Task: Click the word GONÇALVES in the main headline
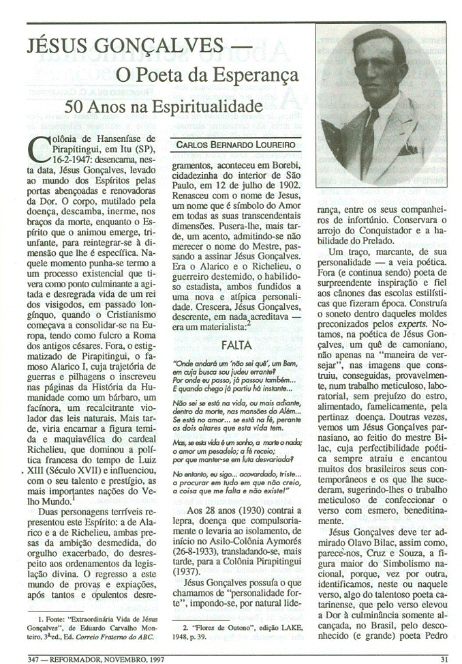147,48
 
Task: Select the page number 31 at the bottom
444,659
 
